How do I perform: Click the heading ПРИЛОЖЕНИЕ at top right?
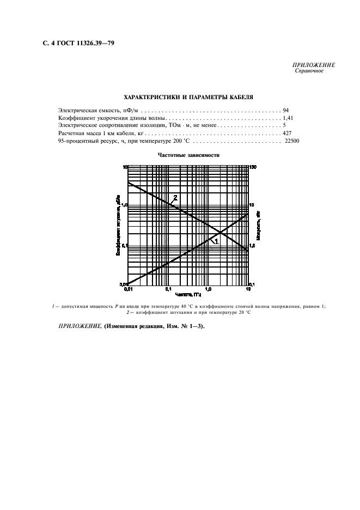pyautogui.click(x=315, y=65)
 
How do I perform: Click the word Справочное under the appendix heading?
pyautogui.click(x=309, y=71)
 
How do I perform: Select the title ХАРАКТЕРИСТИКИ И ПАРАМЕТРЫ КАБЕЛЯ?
pyautogui.click(x=188, y=96)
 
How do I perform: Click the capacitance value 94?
pyautogui.click(x=286, y=110)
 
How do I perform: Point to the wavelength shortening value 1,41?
pyautogui.click(x=288, y=118)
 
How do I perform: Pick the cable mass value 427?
pyautogui.click(x=287, y=133)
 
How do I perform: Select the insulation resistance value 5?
pyautogui.click(x=284, y=125)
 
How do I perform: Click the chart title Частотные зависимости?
pyautogui.click(x=188, y=155)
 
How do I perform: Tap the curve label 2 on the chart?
pyautogui.click(x=175, y=197)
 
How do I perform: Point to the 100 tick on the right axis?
pyautogui.click(x=254, y=166)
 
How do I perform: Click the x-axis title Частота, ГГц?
pyautogui.click(x=188, y=294)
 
